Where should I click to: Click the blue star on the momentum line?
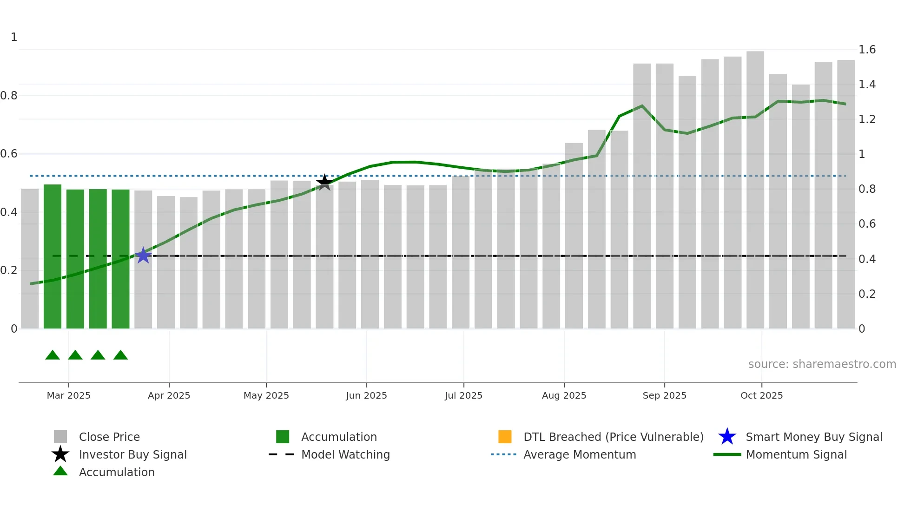pyautogui.click(x=143, y=256)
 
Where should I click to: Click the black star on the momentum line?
pyautogui.click(x=324, y=182)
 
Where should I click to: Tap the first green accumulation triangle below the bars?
pyautogui.click(x=53, y=355)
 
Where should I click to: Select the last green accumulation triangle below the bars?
pyautogui.click(x=120, y=355)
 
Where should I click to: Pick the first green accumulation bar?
pyautogui.click(x=53, y=256)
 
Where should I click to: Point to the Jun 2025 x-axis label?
pyautogui.click(x=366, y=395)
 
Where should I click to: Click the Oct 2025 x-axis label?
pyautogui.click(x=761, y=395)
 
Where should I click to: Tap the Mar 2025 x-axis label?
pyautogui.click(x=69, y=395)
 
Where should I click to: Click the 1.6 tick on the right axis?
pyautogui.click(x=867, y=50)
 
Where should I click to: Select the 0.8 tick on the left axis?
pyautogui.click(x=9, y=96)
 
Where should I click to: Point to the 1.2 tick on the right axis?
pyautogui.click(x=867, y=119)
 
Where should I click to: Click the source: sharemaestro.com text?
pyautogui.click(x=822, y=364)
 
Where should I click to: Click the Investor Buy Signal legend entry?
pyautogui.click(x=132, y=454)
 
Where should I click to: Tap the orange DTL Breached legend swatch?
pyautogui.click(x=505, y=437)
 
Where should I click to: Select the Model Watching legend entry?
pyautogui.click(x=345, y=454)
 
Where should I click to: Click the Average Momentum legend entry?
pyautogui.click(x=580, y=454)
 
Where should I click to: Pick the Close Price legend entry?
pyautogui.click(x=109, y=437)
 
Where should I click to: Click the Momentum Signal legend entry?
pyautogui.click(x=796, y=454)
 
